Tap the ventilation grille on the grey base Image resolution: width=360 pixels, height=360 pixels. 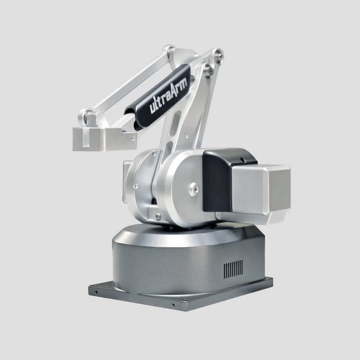(233, 269)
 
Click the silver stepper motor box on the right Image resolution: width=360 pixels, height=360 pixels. (262, 194)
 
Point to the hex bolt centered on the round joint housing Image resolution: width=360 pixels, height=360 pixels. (194, 190)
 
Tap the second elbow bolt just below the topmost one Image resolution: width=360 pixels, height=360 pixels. (209, 71)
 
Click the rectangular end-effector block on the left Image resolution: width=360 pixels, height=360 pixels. (105, 139)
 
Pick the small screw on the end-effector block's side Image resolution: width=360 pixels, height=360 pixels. (133, 139)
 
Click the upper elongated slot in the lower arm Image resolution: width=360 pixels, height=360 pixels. (176, 122)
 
